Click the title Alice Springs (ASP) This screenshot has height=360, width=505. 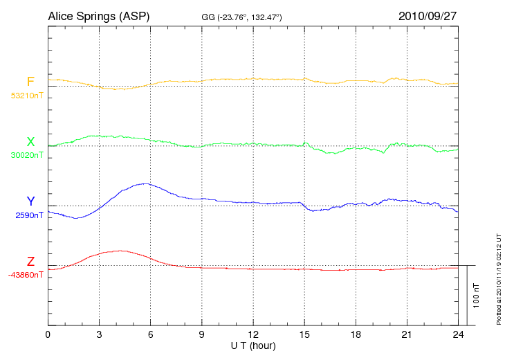click(x=98, y=15)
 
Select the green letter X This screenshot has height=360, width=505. click(x=30, y=142)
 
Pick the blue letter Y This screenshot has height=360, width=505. click(x=30, y=201)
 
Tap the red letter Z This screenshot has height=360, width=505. click(x=30, y=262)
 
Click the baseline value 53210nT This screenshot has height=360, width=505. click(x=26, y=95)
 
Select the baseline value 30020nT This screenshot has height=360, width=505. click(x=26, y=155)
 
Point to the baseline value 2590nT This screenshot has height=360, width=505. click(x=28, y=215)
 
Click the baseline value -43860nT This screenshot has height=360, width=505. click(x=26, y=275)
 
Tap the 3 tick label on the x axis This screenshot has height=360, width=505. click(x=99, y=335)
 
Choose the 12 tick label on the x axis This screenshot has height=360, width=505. click(x=253, y=335)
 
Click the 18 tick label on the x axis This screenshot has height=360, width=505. click(x=356, y=335)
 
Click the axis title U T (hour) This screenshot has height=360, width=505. click(x=253, y=345)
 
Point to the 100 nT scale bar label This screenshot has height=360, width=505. click(x=477, y=296)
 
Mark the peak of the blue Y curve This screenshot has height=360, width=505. click(x=145, y=183)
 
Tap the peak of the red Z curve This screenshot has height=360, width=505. click(x=122, y=251)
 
